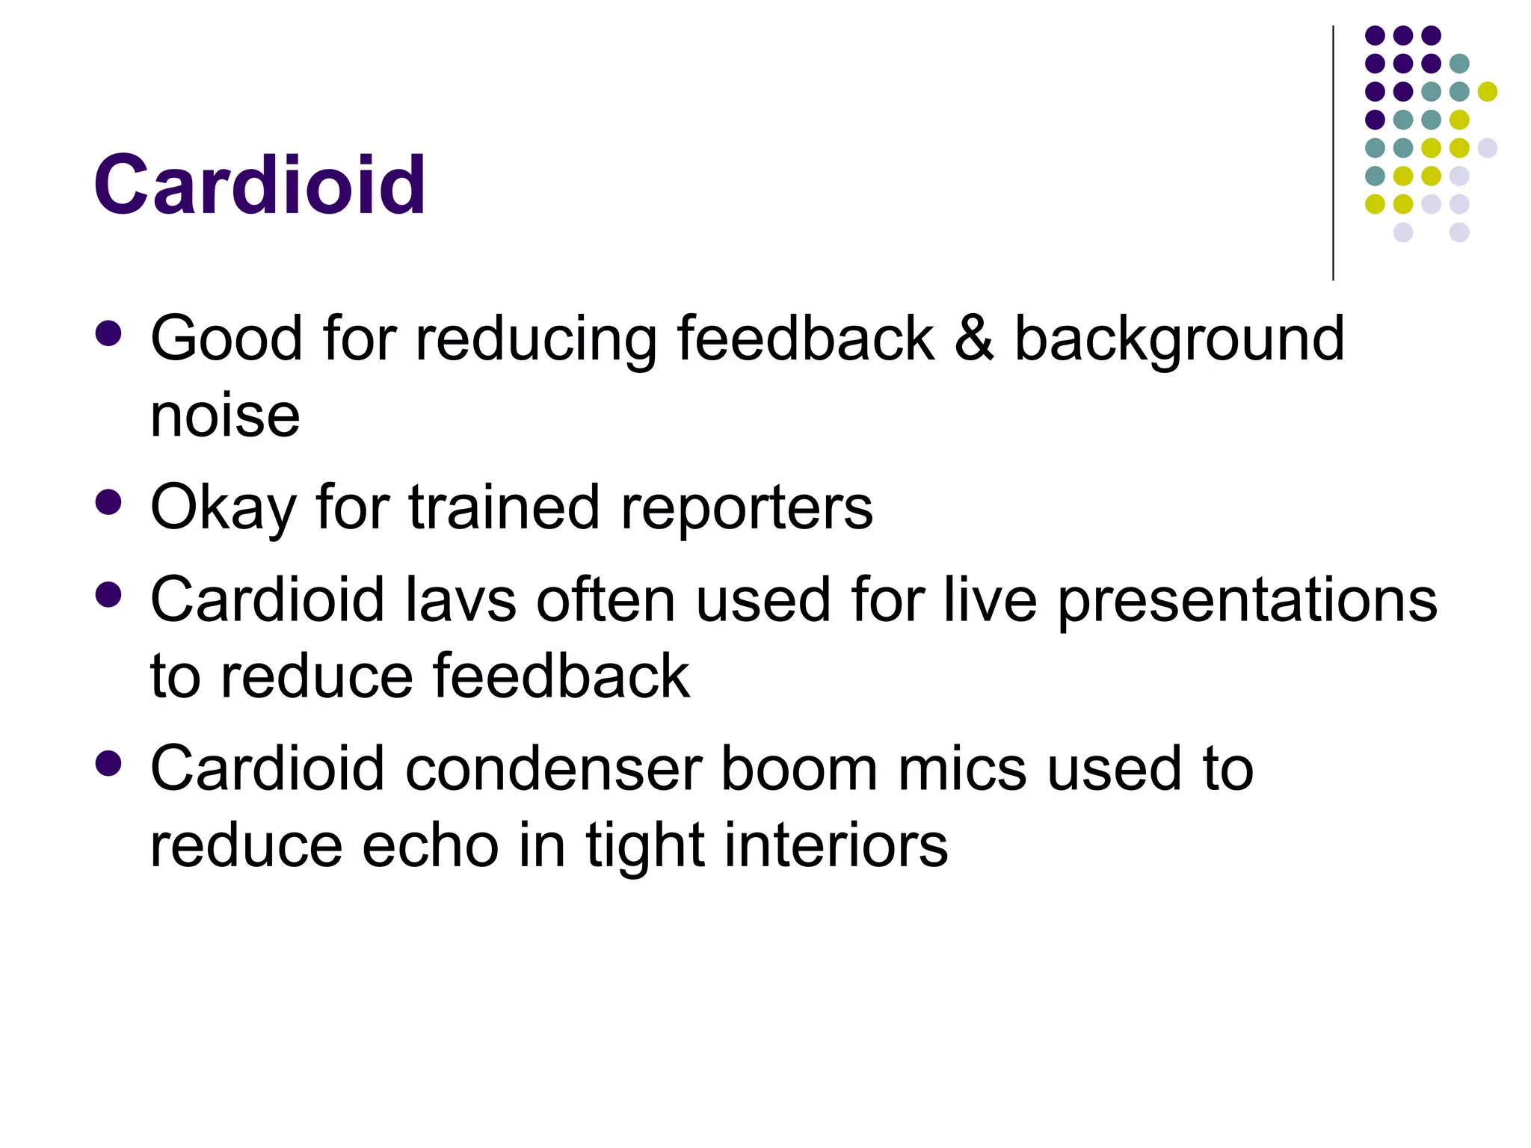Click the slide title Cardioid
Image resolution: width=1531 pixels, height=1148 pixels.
tap(259, 185)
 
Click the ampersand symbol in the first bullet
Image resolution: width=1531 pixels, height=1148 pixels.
tap(974, 339)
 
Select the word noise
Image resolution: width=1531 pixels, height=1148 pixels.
tap(225, 416)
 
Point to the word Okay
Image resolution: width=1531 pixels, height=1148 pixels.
tap(224, 508)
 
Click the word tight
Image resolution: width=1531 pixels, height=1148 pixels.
tap(645, 848)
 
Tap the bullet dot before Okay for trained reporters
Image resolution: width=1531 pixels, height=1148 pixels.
tap(109, 502)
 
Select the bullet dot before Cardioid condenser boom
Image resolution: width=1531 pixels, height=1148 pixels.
tap(109, 764)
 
